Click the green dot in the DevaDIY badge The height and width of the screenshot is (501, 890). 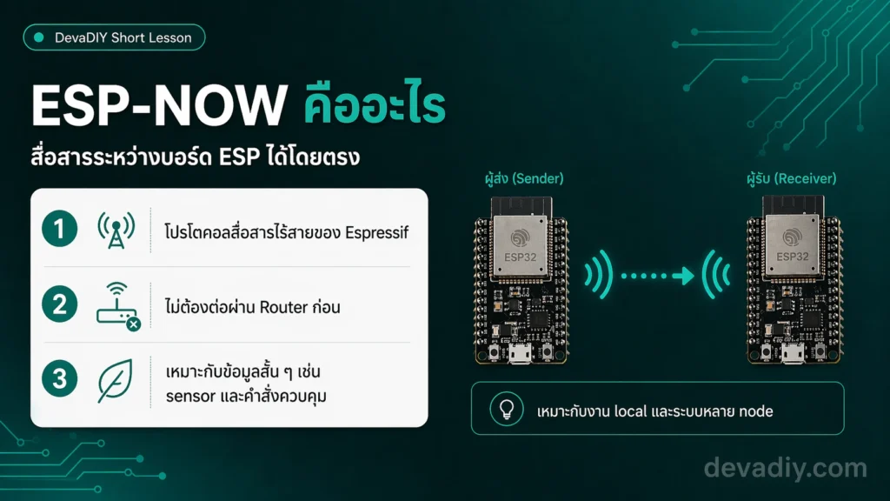coord(39,37)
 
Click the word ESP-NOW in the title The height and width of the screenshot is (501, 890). coord(160,105)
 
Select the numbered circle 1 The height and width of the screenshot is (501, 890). coord(60,229)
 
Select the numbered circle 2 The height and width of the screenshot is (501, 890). coord(60,304)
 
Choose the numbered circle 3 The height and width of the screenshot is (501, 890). coord(60,378)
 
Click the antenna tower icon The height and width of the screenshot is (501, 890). coord(116,230)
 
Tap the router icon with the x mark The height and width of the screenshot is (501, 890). coord(118,306)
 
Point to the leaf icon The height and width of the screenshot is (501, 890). coord(116,381)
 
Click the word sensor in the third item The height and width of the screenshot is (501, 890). coord(190,397)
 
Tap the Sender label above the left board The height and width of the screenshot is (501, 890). coord(524,178)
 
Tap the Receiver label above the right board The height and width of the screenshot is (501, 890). coord(792,178)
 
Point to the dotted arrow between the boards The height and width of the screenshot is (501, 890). coord(657,276)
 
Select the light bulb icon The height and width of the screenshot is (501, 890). coord(507,409)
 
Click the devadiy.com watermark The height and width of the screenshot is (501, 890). coord(786,468)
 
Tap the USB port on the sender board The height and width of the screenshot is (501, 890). coord(520,354)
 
